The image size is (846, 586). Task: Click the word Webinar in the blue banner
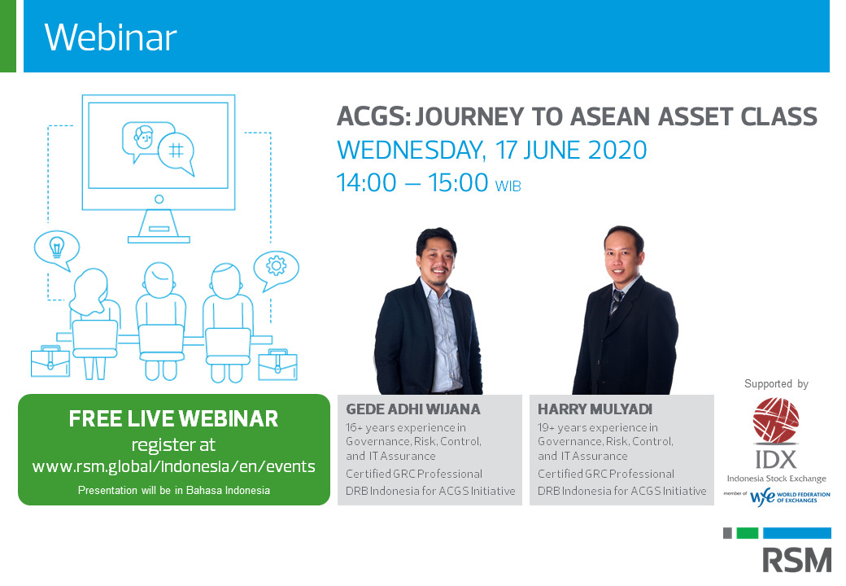coord(111,37)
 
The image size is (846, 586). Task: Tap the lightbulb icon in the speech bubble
coord(57,247)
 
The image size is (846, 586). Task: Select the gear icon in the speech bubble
coord(277,265)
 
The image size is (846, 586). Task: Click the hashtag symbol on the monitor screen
coord(176,150)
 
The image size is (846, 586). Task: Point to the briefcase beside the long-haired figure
coord(50,361)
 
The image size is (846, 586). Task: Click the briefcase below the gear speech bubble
coord(278,365)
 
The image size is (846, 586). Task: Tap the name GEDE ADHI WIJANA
coord(412,409)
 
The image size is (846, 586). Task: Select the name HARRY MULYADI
coord(595,409)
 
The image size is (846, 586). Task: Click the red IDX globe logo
coord(776,420)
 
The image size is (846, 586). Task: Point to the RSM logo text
coord(797,560)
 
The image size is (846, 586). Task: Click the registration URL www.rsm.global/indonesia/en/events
coord(174,466)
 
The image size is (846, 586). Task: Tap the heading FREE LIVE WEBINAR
coord(174,418)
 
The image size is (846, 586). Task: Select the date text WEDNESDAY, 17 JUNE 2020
coord(492,150)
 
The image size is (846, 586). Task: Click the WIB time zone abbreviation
coord(508,186)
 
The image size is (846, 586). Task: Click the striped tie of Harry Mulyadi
coord(616,303)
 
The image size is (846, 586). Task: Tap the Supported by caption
coord(776,383)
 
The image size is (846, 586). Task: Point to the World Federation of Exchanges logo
coord(790,496)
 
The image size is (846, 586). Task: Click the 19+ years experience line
coord(598,427)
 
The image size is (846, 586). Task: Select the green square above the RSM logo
coord(748,533)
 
